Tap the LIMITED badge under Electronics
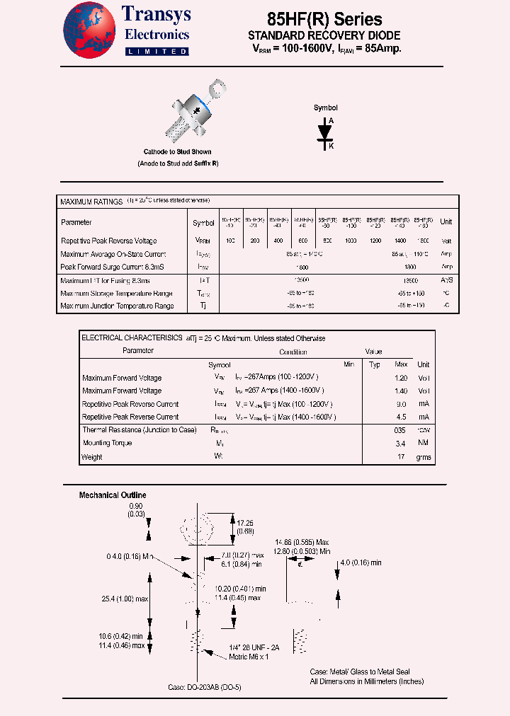click(157, 52)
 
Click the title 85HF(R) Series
click(324, 20)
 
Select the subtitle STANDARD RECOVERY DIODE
click(324, 35)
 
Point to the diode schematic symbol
click(325, 132)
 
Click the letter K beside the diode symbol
click(330, 145)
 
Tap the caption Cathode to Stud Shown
click(177, 152)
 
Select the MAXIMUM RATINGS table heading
click(91, 202)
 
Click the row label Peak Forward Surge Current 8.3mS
click(113, 267)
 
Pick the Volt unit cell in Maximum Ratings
click(446, 241)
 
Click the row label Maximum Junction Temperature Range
click(117, 306)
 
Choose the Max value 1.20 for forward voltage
click(401, 378)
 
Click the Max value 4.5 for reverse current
click(402, 417)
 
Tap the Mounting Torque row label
click(107, 443)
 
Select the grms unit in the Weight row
click(423, 457)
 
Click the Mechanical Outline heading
click(113, 495)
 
